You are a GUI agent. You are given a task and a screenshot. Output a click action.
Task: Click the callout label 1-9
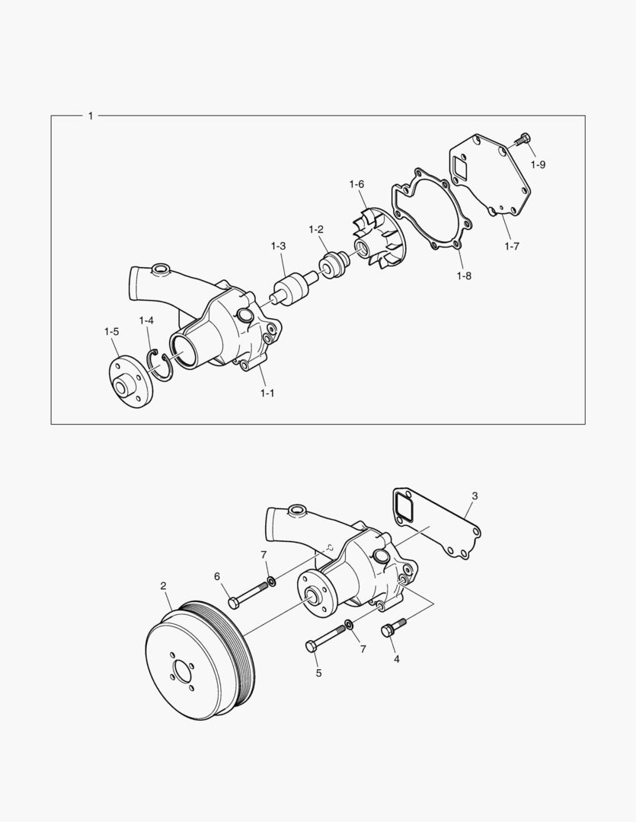pyautogui.click(x=538, y=164)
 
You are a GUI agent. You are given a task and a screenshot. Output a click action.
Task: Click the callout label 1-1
pyautogui.click(x=267, y=393)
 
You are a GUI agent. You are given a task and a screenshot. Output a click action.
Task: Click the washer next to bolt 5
pyautogui.click(x=349, y=626)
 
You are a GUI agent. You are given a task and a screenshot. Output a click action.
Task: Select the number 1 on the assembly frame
pyautogui.click(x=91, y=116)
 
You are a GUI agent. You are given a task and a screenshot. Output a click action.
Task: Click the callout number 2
pyautogui.click(x=163, y=585)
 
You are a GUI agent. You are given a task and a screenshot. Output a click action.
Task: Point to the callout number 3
pyautogui.click(x=474, y=496)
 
